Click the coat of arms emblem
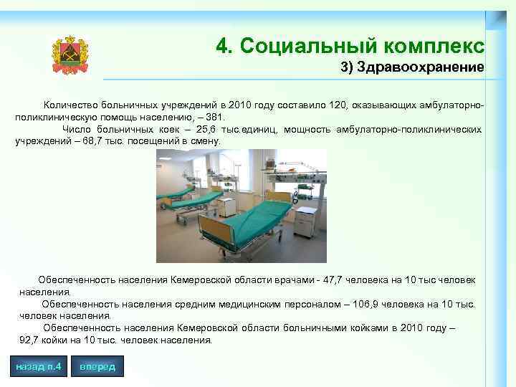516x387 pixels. pos(70,55)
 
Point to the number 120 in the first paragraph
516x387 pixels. pos(338,106)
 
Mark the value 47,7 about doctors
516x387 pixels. pos(336,280)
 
